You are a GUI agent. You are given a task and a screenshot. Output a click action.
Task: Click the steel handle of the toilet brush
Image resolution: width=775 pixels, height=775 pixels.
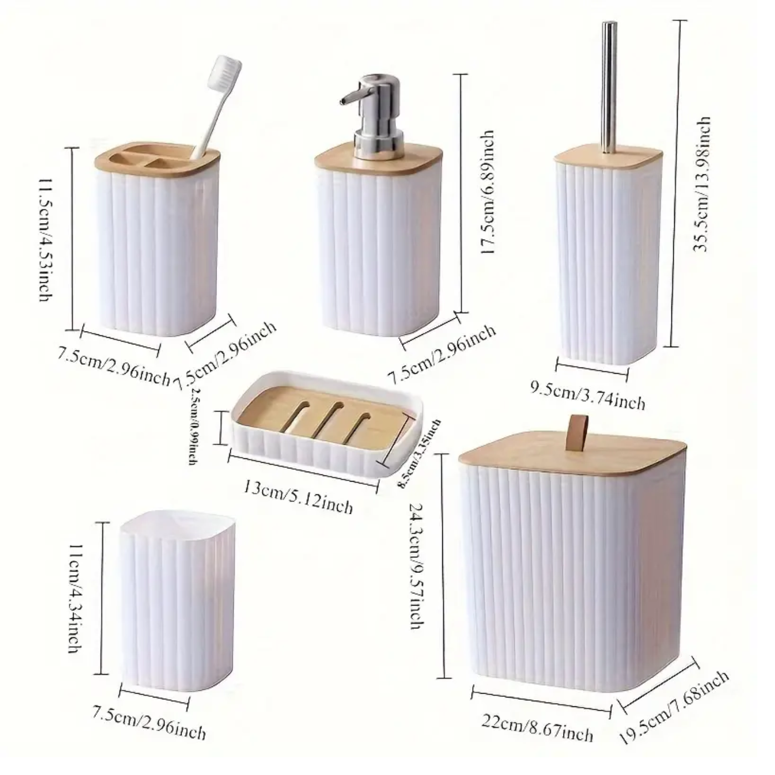(609, 83)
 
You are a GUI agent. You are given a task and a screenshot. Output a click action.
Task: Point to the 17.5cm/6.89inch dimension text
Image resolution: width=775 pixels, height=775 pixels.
(487, 192)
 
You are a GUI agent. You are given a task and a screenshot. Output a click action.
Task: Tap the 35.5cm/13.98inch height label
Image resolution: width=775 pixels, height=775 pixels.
(701, 184)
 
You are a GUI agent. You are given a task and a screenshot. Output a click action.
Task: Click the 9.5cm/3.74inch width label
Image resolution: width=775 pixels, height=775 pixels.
(588, 395)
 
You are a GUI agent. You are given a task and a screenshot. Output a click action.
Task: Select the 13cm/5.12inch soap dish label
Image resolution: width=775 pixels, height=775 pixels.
(298, 497)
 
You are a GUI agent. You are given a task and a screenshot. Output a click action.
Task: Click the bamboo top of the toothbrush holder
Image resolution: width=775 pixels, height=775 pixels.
(155, 161)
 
